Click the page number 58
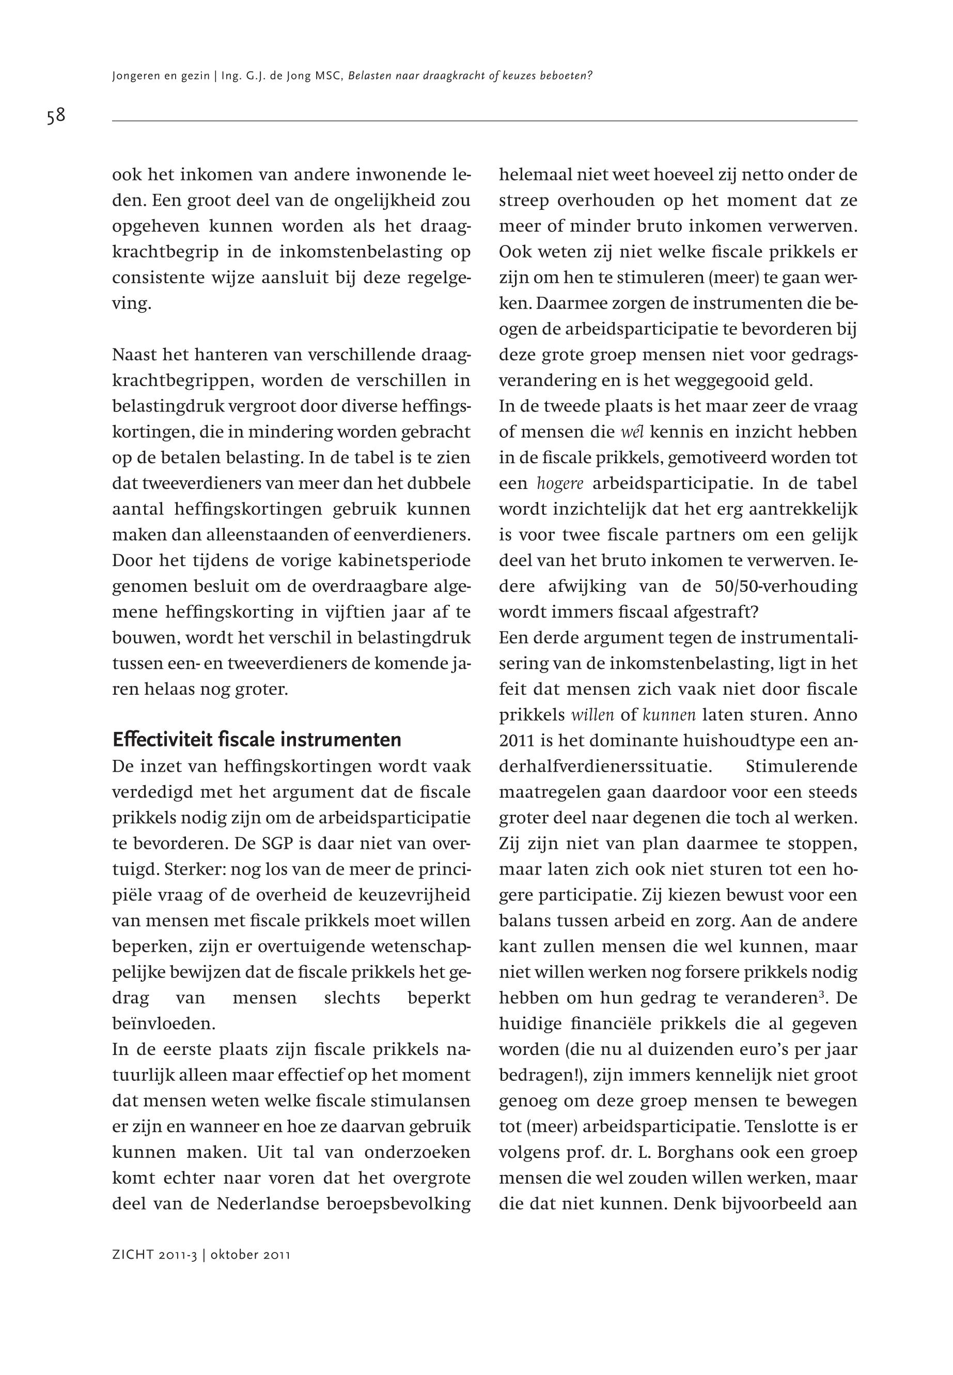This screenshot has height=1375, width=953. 56,115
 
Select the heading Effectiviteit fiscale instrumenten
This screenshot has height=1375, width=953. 257,740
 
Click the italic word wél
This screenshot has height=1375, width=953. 632,432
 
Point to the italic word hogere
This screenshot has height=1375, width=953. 559,483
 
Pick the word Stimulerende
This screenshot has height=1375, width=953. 801,766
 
